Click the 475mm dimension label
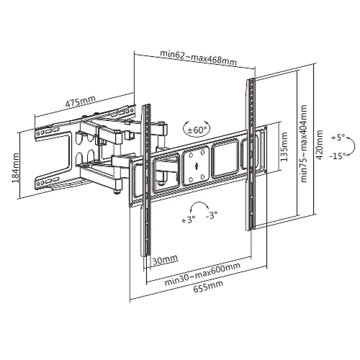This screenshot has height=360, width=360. [80, 102]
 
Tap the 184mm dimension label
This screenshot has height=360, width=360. [15, 168]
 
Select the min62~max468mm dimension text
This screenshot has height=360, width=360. [198, 58]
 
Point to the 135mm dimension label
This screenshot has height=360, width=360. [284, 147]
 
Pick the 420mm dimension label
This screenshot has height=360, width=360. [319, 145]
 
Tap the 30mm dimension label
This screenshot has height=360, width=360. [165, 260]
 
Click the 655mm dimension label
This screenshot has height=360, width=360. [208, 286]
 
